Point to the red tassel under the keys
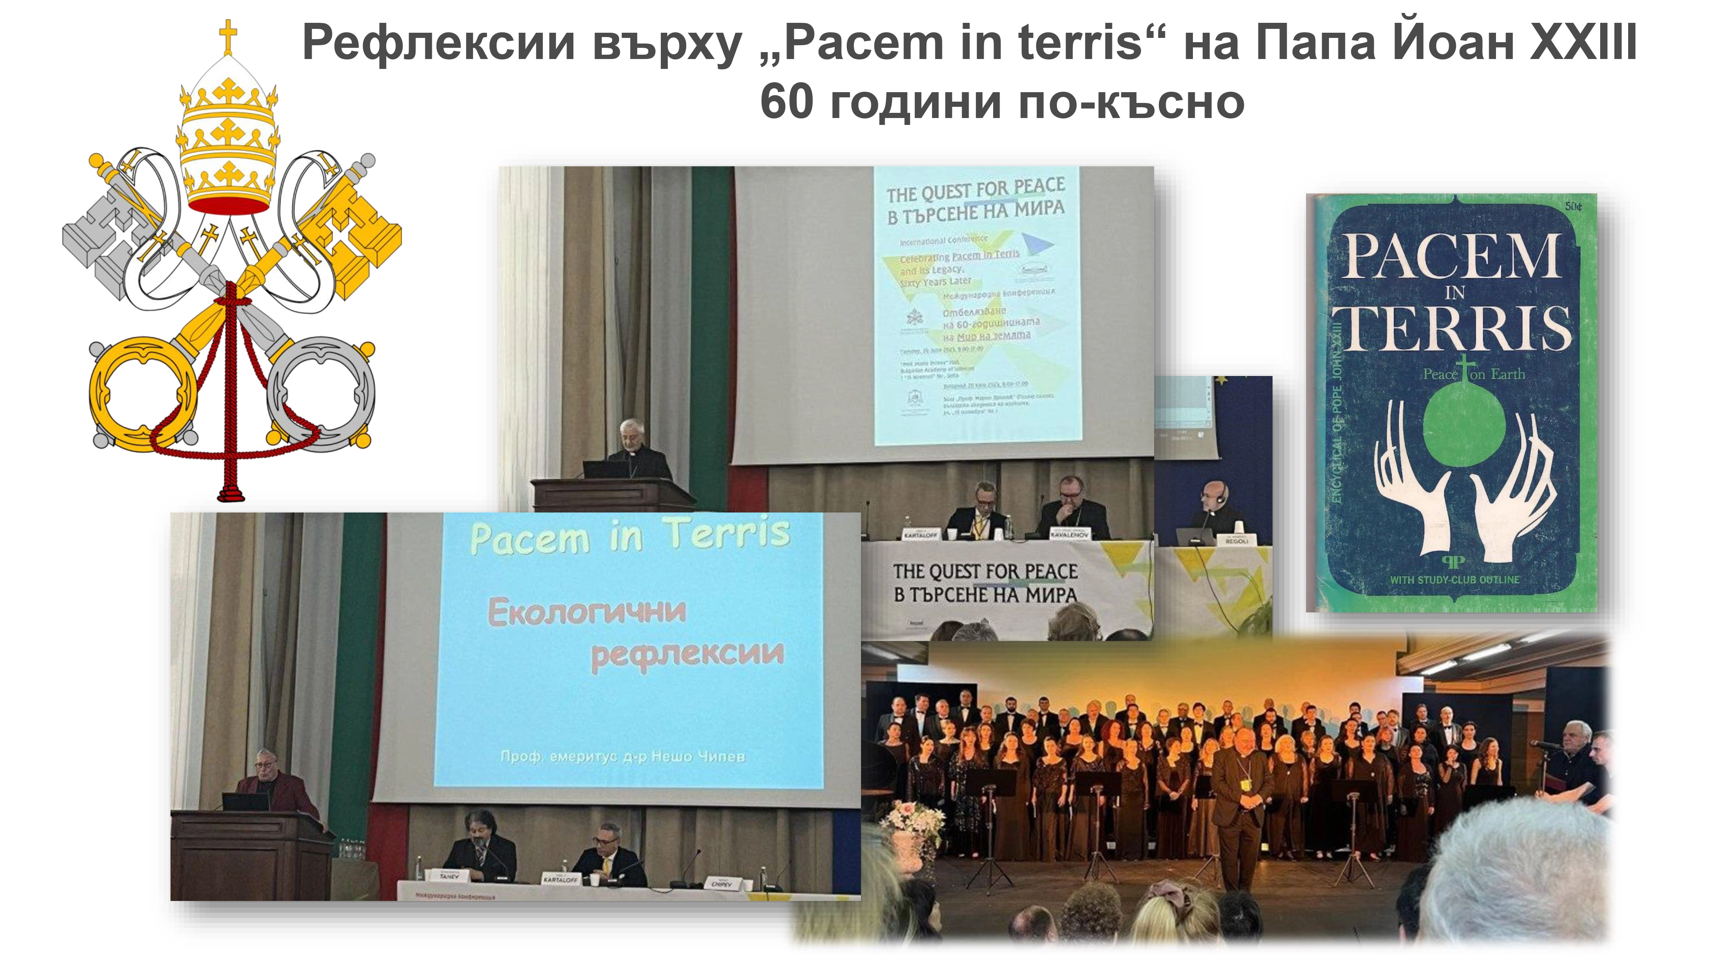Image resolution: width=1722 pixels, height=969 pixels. click(x=231, y=491)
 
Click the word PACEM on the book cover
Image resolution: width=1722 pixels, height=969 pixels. click(x=1452, y=258)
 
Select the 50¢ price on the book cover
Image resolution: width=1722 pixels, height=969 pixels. click(x=1573, y=207)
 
